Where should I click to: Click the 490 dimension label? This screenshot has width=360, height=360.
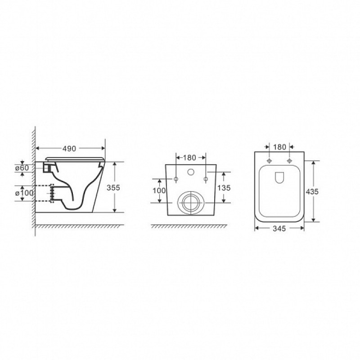pyautogui.click(x=69, y=149)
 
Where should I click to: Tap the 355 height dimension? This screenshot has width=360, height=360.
pyautogui.click(x=113, y=188)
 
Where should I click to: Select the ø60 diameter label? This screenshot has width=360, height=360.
pyautogui.click(x=22, y=168)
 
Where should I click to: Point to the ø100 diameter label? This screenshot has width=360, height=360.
pyautogui.click(x=24, y=193)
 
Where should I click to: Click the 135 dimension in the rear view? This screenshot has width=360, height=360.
pyautogui.click(x=224, y=188)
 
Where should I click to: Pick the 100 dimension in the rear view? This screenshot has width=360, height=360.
pyautogui.click(x=159, y=190)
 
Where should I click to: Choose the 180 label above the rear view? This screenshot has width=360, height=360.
pyautogui.click(x=189, y=158)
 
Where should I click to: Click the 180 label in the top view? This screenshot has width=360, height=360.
pyautogui.click(x=279, y=147)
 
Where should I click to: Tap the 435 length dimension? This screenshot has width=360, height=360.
pyautogui.click(x=312, y=191)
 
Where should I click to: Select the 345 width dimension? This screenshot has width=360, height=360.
pyautogui.click(x=279, y=229)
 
